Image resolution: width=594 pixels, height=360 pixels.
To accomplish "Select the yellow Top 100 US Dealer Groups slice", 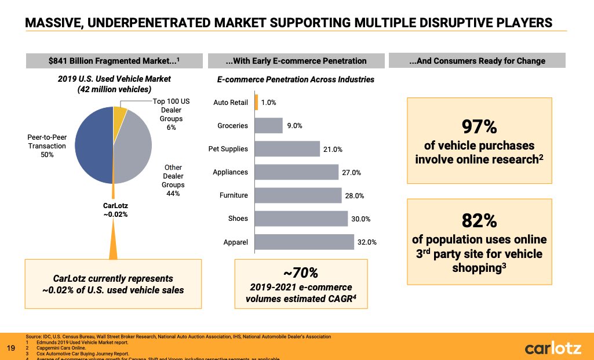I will [x=120, y=117].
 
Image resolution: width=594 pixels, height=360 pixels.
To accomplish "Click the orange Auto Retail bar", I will [x=256, y=103].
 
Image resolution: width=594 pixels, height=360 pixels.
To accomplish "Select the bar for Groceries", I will [x=268, y=126].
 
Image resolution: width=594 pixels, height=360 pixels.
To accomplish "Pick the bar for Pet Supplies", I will [x=287, y=149].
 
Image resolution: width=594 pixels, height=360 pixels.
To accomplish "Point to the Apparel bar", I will [x=304, y=242].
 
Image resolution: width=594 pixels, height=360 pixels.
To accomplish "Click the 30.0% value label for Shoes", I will [x=360, y=219].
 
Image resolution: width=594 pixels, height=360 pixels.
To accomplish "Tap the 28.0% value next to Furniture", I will [x=354, y=196].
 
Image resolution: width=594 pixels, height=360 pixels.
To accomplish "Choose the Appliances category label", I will [x=230, y=172].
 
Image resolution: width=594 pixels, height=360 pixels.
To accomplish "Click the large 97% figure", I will [x=479, y=126].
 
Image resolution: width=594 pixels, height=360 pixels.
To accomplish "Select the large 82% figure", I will [x=479, y=221].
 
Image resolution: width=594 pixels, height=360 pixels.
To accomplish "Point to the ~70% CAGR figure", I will [x=301, y=273].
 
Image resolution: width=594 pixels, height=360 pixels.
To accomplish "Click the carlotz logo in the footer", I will [x=551, y=348].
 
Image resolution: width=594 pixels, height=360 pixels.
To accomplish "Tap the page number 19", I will [x=10, y=348].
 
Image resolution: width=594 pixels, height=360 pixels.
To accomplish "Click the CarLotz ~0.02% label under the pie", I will [x=112, y=209].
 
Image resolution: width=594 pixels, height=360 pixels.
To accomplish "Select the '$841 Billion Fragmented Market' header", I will [x=114, y=61].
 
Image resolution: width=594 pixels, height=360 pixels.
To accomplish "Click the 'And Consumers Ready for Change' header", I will [x=476, y=61].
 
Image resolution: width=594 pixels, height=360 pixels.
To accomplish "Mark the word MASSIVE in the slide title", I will [x=54, y=23].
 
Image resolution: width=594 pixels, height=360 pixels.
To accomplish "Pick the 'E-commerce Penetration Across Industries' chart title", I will [x=296, y=79].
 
